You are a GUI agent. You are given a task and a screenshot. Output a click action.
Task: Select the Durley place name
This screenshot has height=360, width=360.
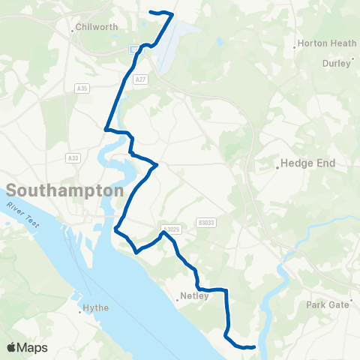337,64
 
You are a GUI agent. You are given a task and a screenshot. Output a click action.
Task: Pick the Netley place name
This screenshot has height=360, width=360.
194,295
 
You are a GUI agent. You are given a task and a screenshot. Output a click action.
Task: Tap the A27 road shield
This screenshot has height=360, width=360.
140,78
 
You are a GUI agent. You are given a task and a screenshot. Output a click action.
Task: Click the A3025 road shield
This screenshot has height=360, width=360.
171,229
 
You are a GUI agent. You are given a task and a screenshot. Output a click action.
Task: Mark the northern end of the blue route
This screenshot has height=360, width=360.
151,12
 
